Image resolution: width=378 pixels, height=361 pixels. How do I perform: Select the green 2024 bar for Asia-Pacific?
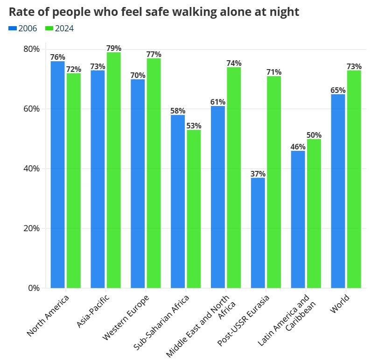[113, 170]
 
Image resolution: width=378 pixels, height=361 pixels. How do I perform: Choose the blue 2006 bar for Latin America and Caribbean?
[298, 219]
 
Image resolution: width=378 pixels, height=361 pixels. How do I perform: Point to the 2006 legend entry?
[23, 28]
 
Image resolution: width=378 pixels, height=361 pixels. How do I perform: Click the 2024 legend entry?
[59, 28]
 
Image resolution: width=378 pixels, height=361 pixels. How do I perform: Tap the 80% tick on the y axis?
[31, 49]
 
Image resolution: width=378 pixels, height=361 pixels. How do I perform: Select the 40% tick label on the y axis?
[31, 169]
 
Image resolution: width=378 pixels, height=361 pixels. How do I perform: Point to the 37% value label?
[258, 174]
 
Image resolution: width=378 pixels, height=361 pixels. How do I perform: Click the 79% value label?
[113, 48]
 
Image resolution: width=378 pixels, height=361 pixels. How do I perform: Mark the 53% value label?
[194, 126]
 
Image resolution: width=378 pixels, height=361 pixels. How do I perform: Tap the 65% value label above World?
[338, 90]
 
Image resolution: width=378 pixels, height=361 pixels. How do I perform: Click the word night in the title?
[283, 12]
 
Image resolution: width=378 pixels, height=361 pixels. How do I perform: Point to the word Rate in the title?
[21, 12]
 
